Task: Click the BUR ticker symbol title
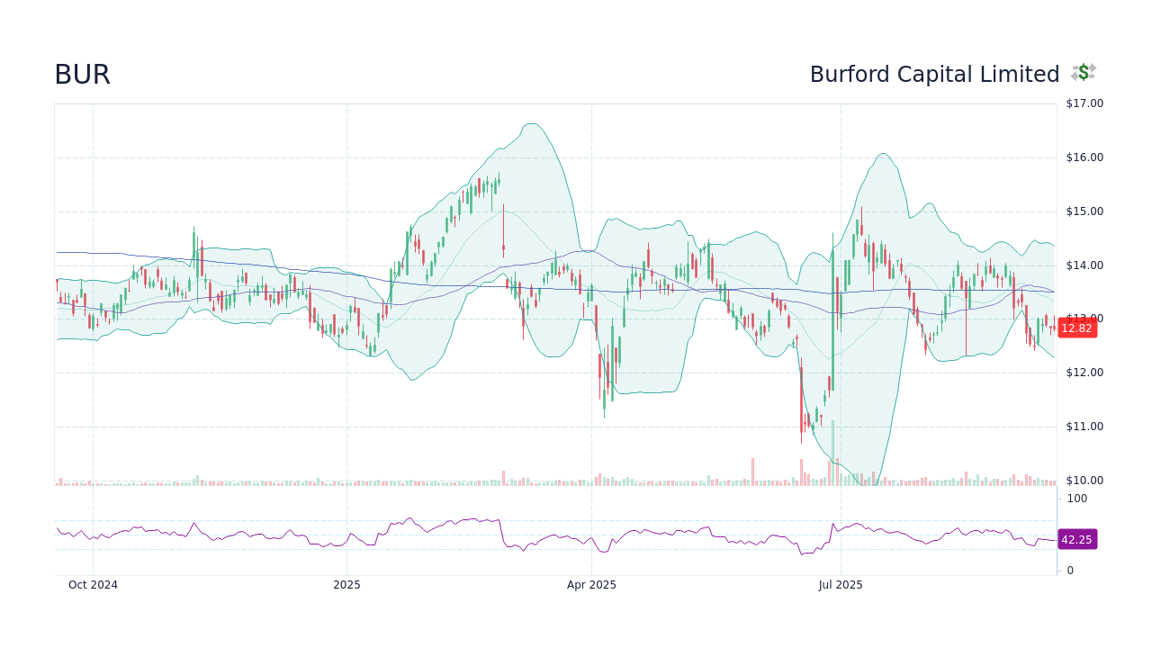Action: (82, 75)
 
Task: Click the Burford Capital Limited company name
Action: (934, 75)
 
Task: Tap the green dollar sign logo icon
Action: (1084, 73)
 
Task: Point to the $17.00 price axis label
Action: (1084, 103)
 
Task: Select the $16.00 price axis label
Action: (1084, 157)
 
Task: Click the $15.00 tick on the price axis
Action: (1084, 211)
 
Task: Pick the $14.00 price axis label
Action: (1084, 265)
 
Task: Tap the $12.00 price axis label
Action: (1084, 373)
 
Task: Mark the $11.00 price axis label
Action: (1084, 427)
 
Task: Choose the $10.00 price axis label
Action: (1084, 481)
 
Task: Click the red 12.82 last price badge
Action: (1076, 328)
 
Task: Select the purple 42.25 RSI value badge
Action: (1076, 540)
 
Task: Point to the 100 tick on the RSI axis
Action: (1077, 499)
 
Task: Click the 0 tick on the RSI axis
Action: (1070, 571)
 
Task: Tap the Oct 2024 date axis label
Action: (93, 585)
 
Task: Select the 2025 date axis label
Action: (346, 585)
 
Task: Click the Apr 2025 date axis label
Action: (591, 585)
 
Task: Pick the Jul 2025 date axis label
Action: (841, 585)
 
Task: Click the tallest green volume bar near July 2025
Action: (832, 453)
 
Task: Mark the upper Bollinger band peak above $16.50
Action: (532, 124)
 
